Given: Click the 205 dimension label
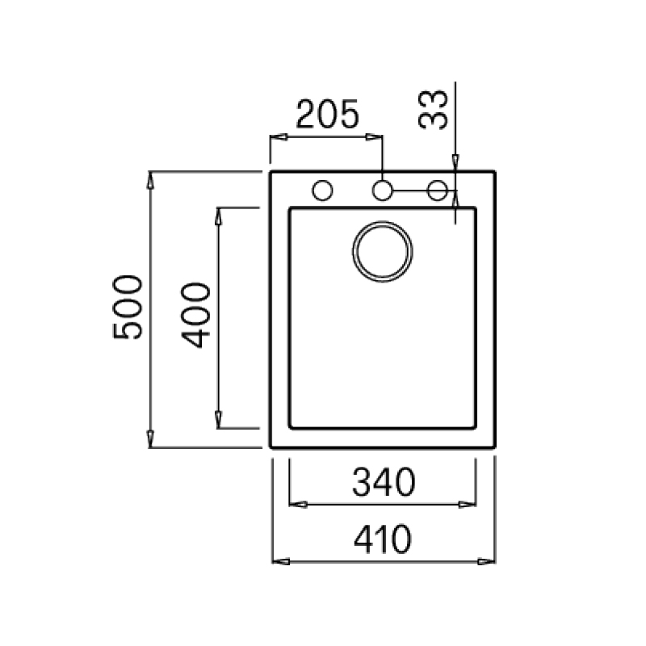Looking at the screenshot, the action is click(328, 114).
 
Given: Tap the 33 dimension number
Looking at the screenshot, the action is click(433, 110).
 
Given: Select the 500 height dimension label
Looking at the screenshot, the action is click(128, 308).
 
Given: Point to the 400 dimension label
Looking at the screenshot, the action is click(195, 315).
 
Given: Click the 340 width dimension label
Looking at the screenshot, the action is click(384, 482).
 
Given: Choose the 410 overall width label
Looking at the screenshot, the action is click(383, 539).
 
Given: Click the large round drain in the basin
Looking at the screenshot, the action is click(382, 252).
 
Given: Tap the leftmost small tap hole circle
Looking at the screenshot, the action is click(322, 191).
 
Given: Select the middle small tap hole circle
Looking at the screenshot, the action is click(382, 191).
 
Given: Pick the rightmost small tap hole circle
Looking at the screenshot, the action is click(437, 191).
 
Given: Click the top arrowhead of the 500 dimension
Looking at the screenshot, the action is click(150, 180).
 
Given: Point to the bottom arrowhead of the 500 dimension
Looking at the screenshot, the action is click(150, 439).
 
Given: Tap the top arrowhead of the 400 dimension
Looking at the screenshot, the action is click(218, 216).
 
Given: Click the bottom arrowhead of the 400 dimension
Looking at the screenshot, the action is click(218, 420).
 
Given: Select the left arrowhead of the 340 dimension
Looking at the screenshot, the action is click(298, 504).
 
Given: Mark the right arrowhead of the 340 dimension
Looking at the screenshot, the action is click(468, 504).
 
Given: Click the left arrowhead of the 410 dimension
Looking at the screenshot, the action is click(281, 561).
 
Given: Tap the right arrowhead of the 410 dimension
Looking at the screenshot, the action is click(486, 561).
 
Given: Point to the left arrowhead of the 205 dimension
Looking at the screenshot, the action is click(279, 136).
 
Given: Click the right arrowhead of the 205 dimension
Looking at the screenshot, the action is click(374, 136).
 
